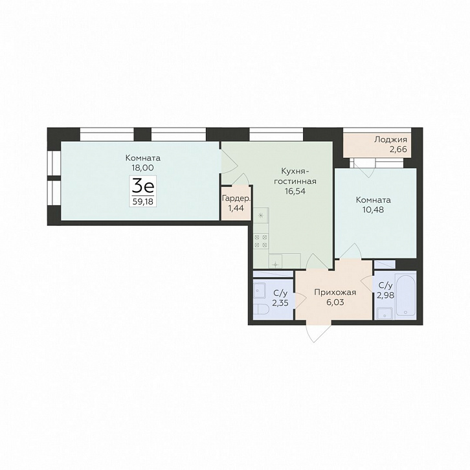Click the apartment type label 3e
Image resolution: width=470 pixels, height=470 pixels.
point(143,186)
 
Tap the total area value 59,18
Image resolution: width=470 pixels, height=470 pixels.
point(143,201)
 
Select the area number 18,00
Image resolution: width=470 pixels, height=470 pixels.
point(142,168)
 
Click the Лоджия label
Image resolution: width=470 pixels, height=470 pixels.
point(390,139)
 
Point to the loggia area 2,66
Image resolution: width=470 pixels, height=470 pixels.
point(398,149)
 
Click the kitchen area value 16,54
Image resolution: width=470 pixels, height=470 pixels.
point(295,191)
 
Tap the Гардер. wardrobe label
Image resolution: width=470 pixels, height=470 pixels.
point(236,199)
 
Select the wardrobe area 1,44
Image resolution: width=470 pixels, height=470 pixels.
point(236,208)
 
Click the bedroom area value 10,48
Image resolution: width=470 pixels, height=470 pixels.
point(373,210)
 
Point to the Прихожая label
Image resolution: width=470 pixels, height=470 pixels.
point(335,292)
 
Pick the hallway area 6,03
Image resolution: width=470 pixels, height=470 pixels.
point(335,302)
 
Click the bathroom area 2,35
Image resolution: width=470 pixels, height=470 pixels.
point(280,303)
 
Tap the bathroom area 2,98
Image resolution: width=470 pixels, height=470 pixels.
point(385,295)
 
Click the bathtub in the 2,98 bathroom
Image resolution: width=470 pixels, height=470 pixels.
point(405,295)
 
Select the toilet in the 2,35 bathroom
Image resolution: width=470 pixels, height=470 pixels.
point(259,310)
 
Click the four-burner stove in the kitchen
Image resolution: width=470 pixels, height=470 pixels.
point(261,241)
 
